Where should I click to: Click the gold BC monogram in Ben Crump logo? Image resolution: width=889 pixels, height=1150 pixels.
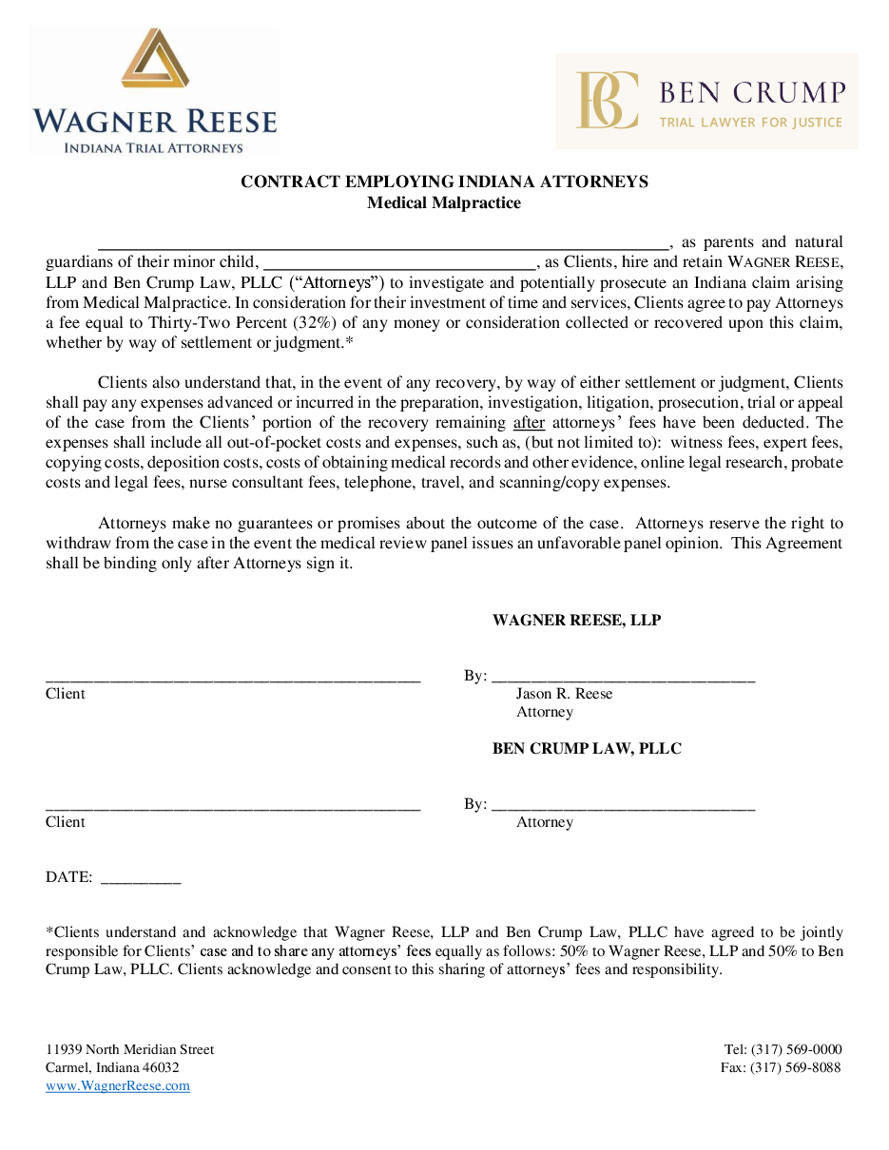click(x=608, y=100)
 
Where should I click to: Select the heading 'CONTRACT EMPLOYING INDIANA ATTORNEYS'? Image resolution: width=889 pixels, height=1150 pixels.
click(x=444, y=182)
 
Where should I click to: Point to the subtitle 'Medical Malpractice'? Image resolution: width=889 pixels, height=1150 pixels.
click(x=444, y=202)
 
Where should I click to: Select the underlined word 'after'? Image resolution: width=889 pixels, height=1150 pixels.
click(x=529, y=422)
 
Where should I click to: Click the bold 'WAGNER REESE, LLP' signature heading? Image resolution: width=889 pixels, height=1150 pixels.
click(x=576, y=621)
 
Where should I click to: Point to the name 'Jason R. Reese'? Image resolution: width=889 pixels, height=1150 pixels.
click(x=564, y=694)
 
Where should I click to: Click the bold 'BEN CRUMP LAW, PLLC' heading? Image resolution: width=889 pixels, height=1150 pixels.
click(x=587, y=749)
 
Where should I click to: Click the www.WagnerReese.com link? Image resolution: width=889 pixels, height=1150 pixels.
click(x=118, y=1086)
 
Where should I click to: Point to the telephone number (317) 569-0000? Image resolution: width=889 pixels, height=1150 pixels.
click(x=796, y=1050)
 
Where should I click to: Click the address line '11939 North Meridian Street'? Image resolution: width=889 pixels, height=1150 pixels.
click(x=129, y=1050)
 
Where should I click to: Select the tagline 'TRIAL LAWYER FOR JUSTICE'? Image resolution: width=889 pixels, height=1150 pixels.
click(x=751, y=122)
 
